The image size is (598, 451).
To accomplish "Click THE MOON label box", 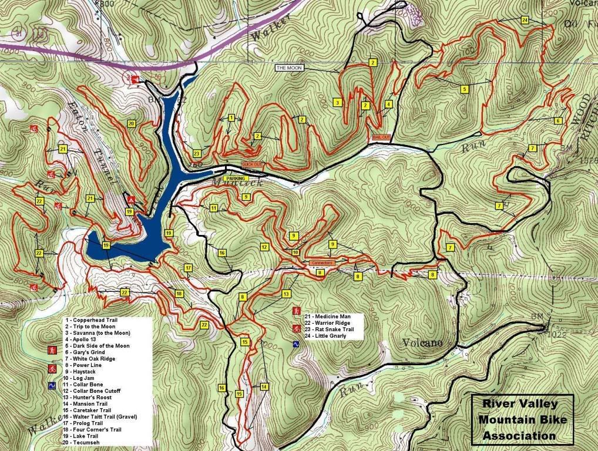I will [288, 68].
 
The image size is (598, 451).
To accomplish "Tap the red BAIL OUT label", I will [378, 137].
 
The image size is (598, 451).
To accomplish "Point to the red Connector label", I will [321, 262].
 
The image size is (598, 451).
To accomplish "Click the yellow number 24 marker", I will [524, 20].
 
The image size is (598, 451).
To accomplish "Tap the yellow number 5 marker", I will [463, 89].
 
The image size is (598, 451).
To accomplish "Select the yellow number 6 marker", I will [557, 121].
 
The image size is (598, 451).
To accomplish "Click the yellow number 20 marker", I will [131, 123].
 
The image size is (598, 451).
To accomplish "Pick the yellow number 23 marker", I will [196, 153].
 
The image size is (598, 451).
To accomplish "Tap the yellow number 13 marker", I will [286, 294].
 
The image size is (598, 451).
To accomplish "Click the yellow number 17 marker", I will [188, 268].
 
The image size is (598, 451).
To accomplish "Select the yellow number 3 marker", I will [338, 102].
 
